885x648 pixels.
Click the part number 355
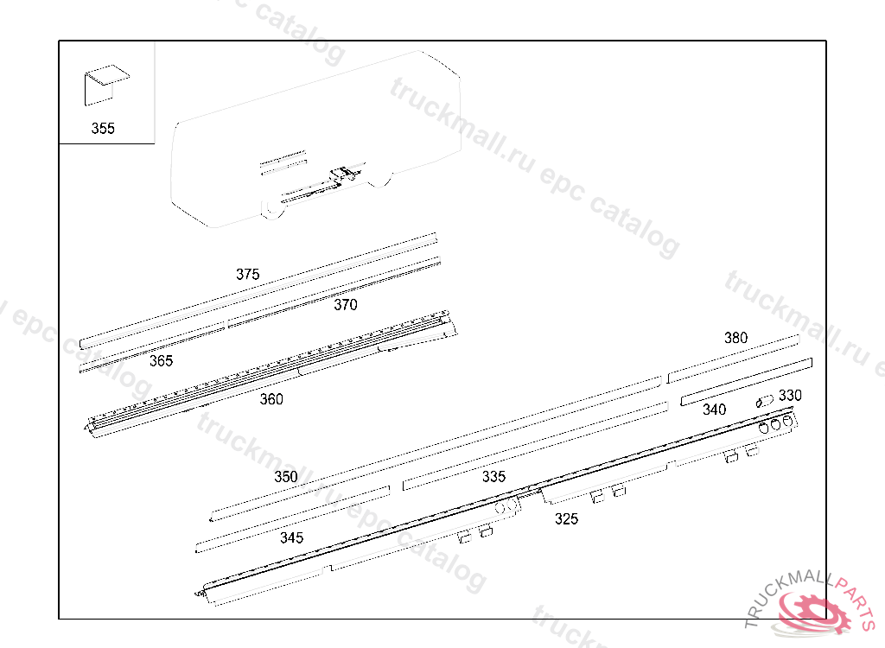(103, 128)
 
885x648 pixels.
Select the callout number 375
(248, 275)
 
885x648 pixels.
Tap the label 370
(346, 305)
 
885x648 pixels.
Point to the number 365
(161, 360)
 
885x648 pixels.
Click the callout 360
(271, 399)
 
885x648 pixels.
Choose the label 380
(735, 338)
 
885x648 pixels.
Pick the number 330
(790, 395)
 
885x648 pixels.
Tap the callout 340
(714, 410)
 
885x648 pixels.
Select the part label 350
(285, 476)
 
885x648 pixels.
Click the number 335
(493, 476)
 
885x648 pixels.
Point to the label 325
(566, 518)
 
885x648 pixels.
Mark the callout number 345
(291, 537)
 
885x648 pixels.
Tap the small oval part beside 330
(765, 402)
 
